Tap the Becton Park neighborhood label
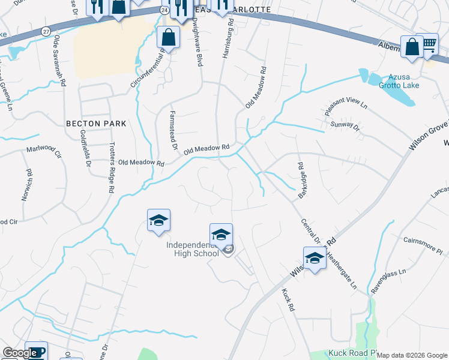tap(96, 124)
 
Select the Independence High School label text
tap(193, 249)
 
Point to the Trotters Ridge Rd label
tap(112, 167)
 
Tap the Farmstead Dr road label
tap(173, 129)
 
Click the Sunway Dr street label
tap(345, 127)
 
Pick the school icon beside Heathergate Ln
tap(314, 258)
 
